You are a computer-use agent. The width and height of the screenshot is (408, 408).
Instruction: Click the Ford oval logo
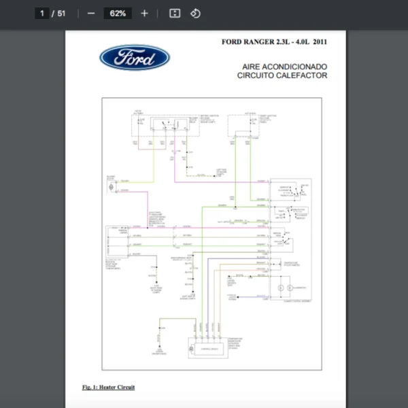[x=135, y=58]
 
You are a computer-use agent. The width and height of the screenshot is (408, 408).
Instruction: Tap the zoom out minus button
[x=91, y=13]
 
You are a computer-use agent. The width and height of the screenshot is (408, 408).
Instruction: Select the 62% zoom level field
[x=118, y=13]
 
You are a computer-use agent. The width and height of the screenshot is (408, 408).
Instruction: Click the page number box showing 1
[x=42, y=13]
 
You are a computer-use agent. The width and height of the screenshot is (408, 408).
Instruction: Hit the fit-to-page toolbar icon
[x=175, y=13]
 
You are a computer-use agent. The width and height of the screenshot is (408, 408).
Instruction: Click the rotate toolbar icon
[x=196, y=13]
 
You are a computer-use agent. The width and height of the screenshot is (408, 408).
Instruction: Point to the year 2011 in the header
[x=320, y=42]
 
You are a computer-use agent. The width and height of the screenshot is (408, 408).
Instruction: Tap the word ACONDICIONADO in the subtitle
[x=297, y=67]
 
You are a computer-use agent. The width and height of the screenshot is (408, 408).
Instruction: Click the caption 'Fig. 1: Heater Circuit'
[x=109, y=387]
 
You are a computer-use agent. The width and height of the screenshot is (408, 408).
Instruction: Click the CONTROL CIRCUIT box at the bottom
[x=207, y=347]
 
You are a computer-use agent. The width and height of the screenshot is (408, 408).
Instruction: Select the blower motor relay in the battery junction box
[x=165, y=124]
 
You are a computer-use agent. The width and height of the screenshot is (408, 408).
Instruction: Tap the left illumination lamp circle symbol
[x=280, y=288]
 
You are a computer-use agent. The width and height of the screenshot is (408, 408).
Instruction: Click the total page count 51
[x=61, y=13]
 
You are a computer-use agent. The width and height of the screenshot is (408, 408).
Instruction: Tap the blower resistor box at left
[x=112, y=241]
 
